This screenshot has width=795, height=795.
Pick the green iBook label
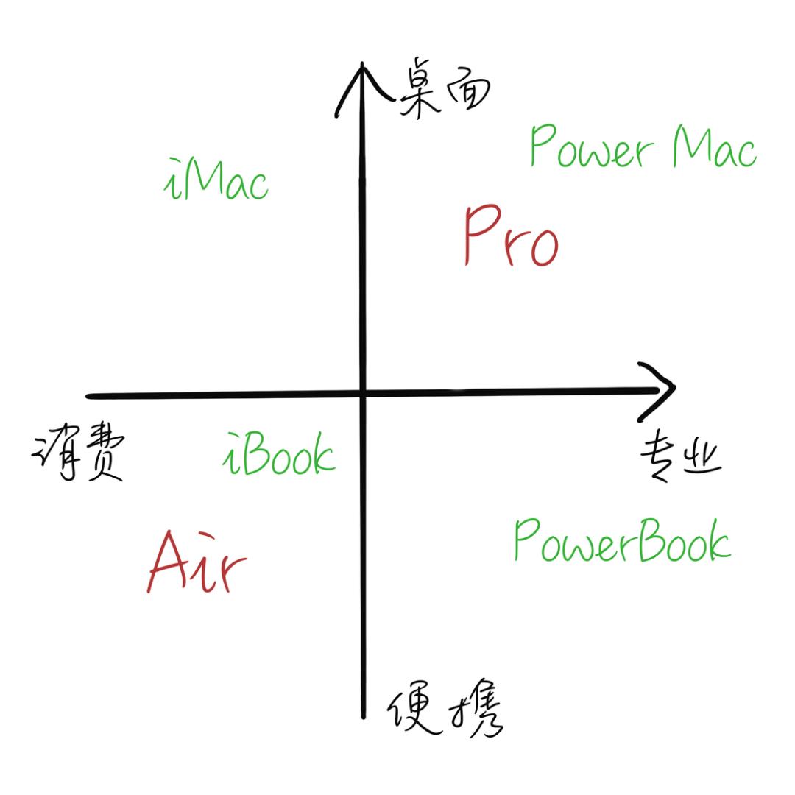point(279,453)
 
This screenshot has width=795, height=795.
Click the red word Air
point(197,562)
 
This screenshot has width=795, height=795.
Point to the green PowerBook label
point(623,540)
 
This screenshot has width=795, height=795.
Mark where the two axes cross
point(362,393)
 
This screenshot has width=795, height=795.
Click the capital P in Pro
point(481,234)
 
